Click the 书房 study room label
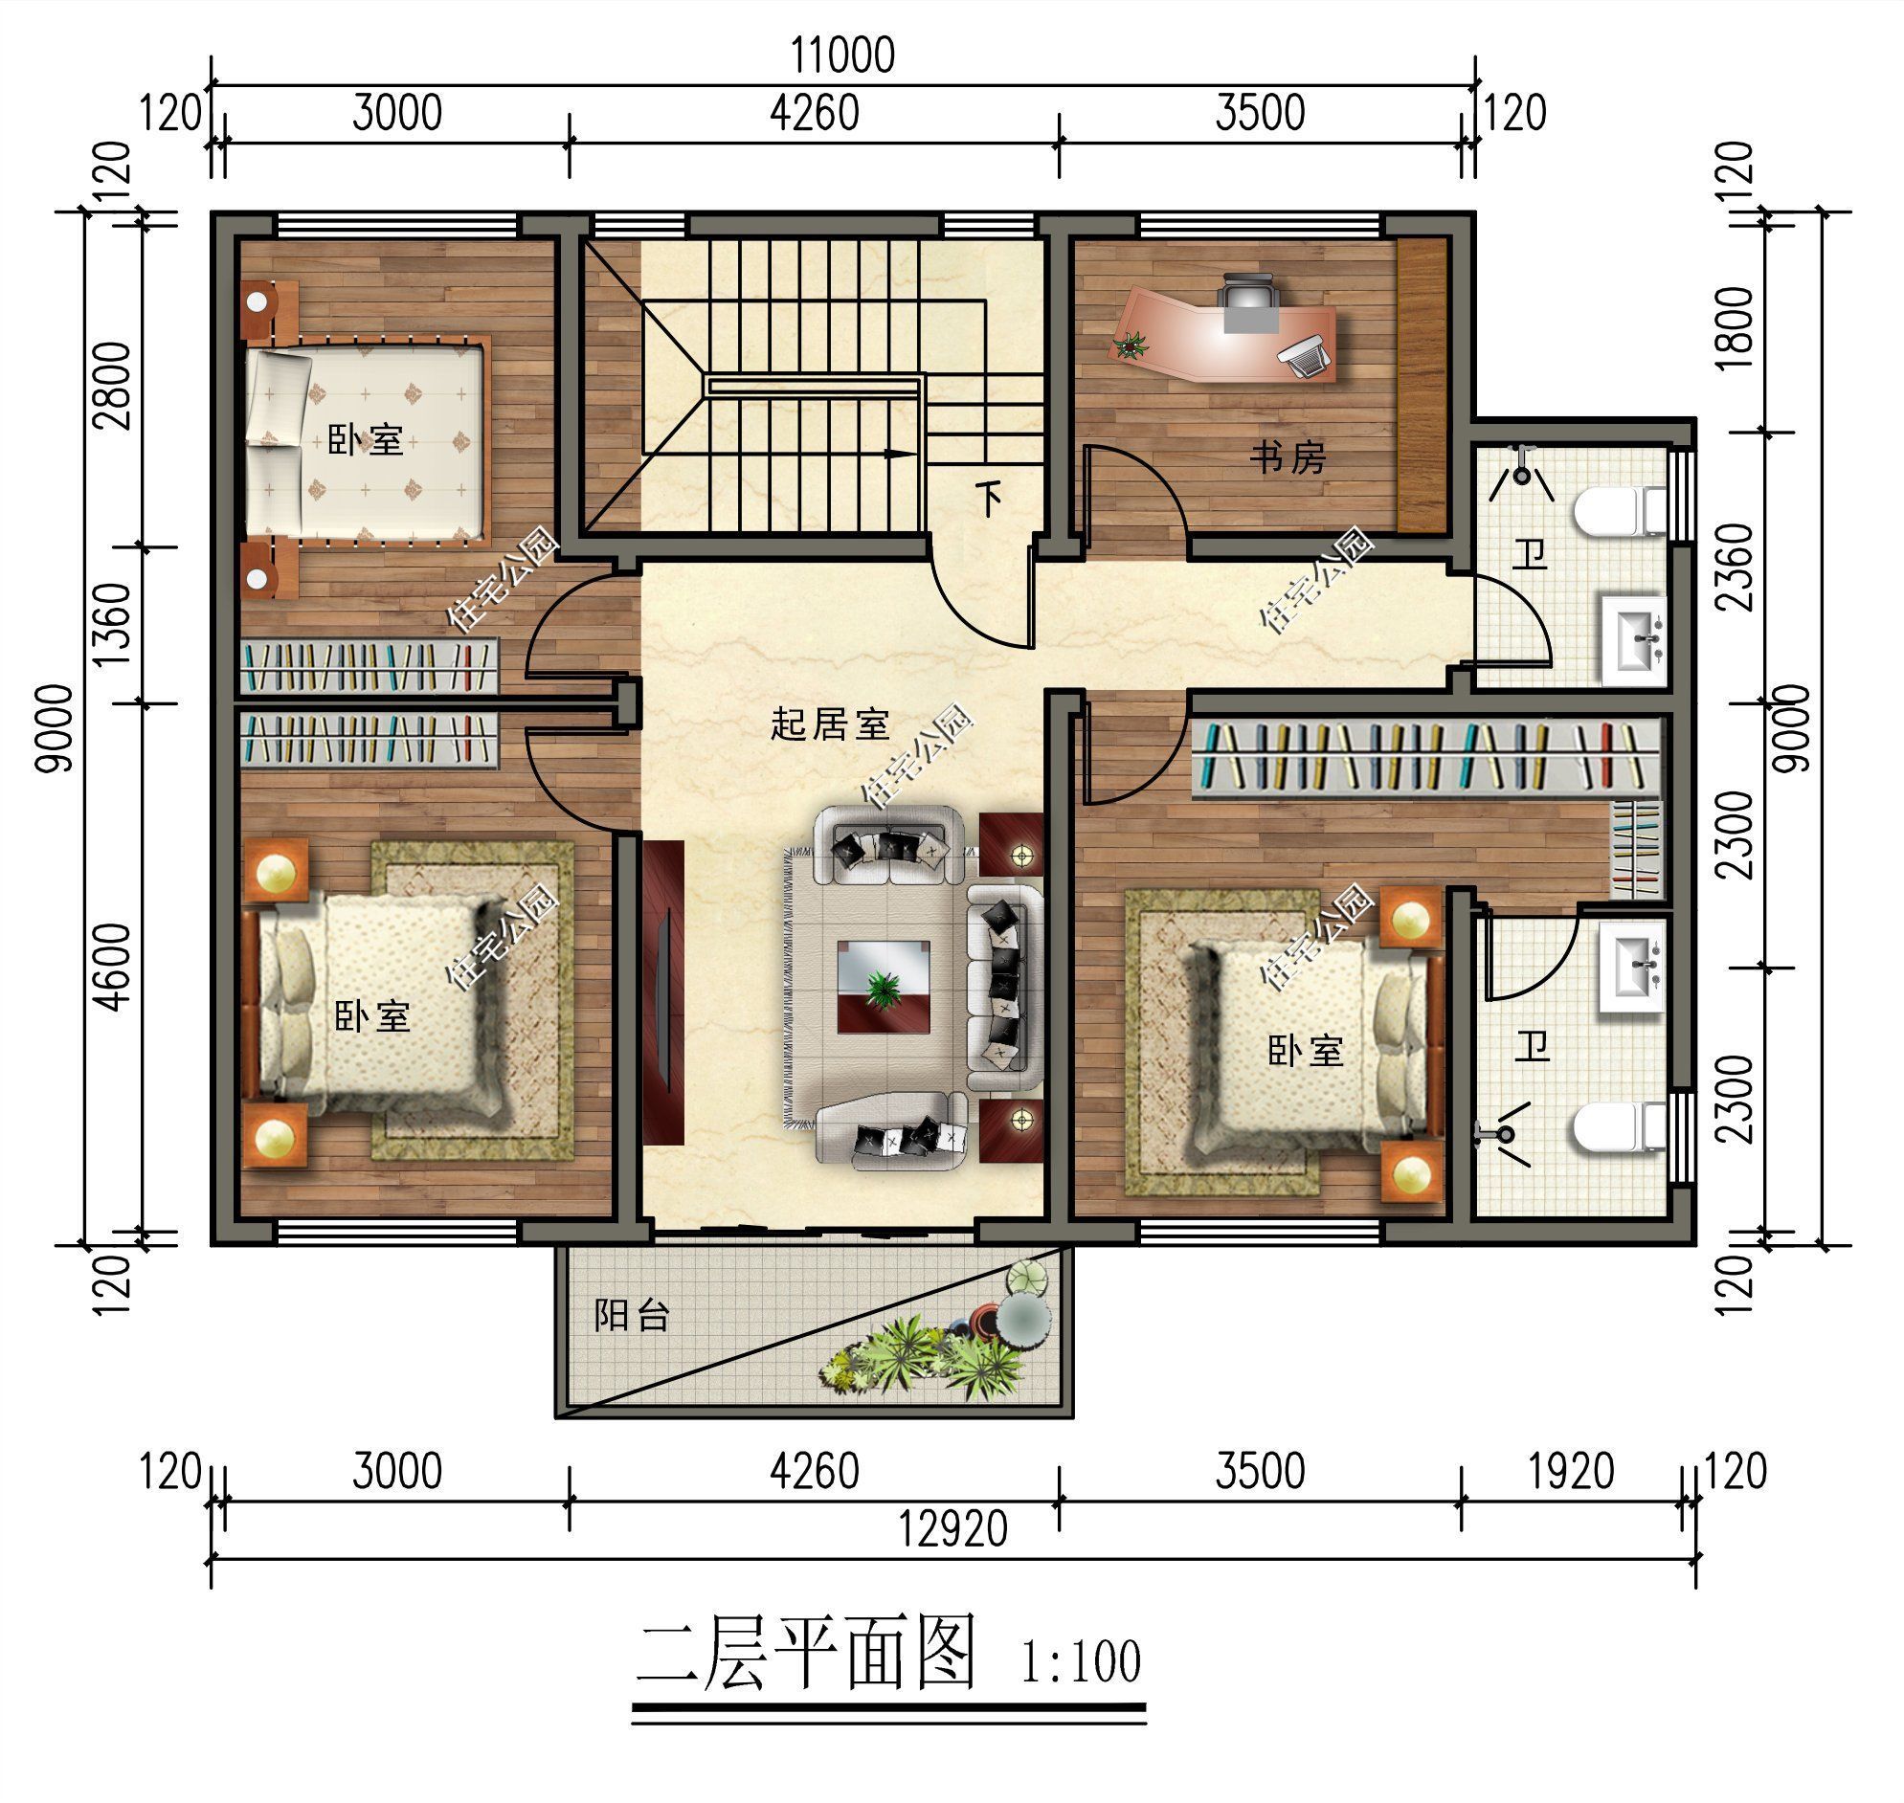(x=1288, y=456)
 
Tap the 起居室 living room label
(x=830, y=723)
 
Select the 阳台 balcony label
(x=632, y=1315)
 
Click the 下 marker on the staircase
(x=989, y=497)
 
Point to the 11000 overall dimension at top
(x=843, y=55)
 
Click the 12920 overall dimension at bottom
(x=952, y=1528)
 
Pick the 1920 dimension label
(x=1572, y=1472)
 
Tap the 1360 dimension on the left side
(x=112, y=624)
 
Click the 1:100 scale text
(x=1081, y=1661)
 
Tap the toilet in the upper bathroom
(x=1621, y=510)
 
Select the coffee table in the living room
(x=883, y=986)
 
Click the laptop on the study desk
(x=1305, y=357)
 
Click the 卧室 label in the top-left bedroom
(x=366, y=440)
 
